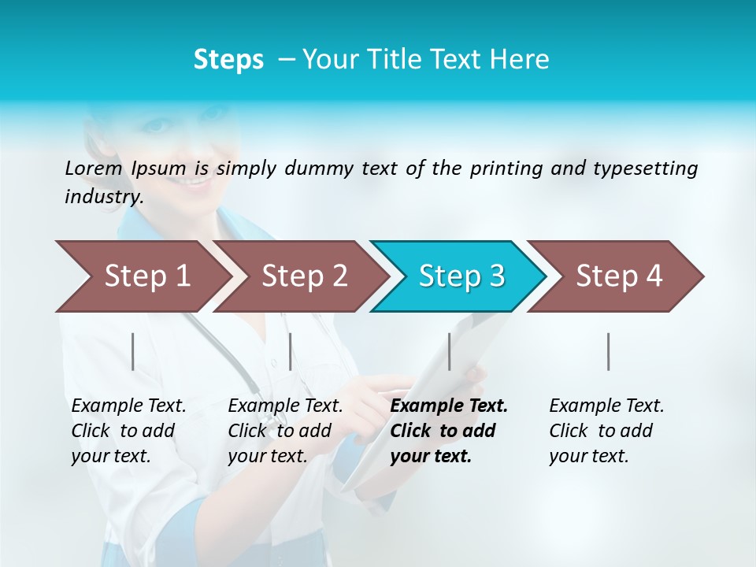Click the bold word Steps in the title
[x=228, y=59]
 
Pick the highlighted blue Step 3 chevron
[x=458, y=276]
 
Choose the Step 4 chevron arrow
[x=616, y=276]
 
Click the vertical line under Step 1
[x=133, y=351]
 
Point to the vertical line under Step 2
[x=291, y=351]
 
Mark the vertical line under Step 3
[x=450, y=351]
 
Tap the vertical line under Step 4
[x=609, y=351]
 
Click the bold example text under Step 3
[x=449, y=431]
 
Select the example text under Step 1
[x=128, y=431]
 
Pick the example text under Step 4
[x=606, y=431]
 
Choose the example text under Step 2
[x=285, y=431]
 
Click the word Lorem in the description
[x=93, y=168]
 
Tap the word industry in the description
[x=104, y=197]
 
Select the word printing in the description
[x=506, y=168]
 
